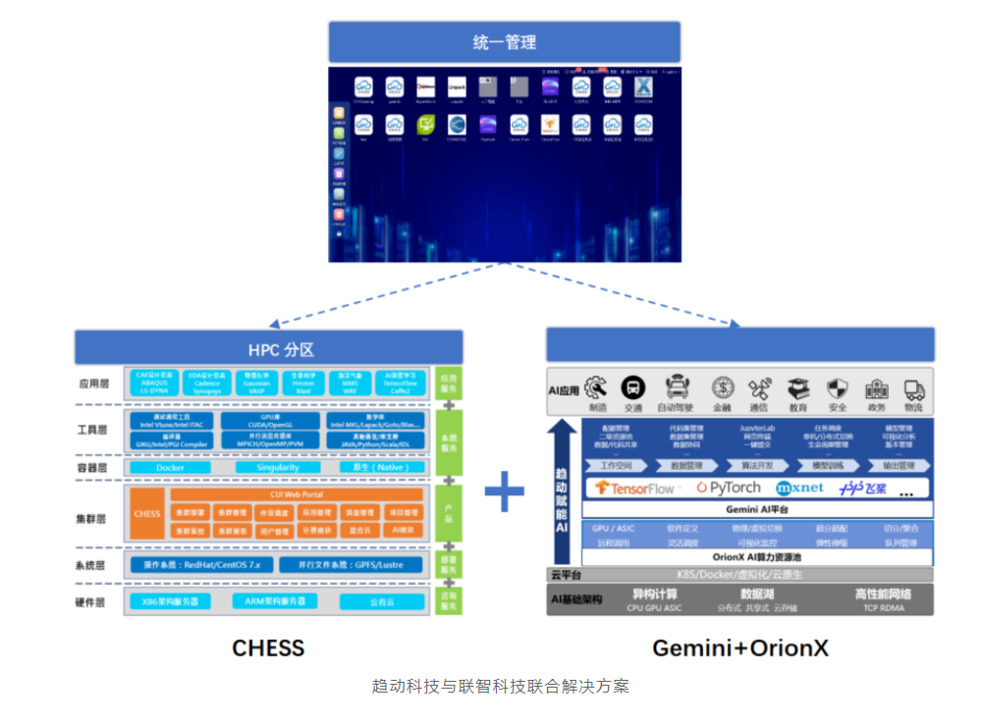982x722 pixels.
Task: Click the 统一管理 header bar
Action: click(504, 42)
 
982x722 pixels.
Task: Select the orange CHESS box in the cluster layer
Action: click(147, 513)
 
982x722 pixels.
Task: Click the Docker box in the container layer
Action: click(170, 468)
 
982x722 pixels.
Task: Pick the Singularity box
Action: click(277, 468)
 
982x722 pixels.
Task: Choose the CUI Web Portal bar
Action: click(297, 494)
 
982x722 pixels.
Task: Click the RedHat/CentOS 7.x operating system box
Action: click(201, 565)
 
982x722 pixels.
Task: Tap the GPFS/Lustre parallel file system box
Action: click(351, 565)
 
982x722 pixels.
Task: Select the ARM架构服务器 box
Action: click(274, 600)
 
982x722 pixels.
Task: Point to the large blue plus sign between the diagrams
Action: click(504, 491)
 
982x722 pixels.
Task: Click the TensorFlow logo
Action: click(635, 488)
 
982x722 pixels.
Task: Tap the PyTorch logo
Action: click(729, 488)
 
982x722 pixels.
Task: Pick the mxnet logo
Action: click(799, 488)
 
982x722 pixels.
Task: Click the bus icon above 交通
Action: click(634, 387)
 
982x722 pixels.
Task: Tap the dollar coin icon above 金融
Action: click(723, 387)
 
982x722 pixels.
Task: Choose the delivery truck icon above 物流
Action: click(914, 389)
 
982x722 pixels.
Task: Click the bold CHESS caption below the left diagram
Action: click(268, 647)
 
